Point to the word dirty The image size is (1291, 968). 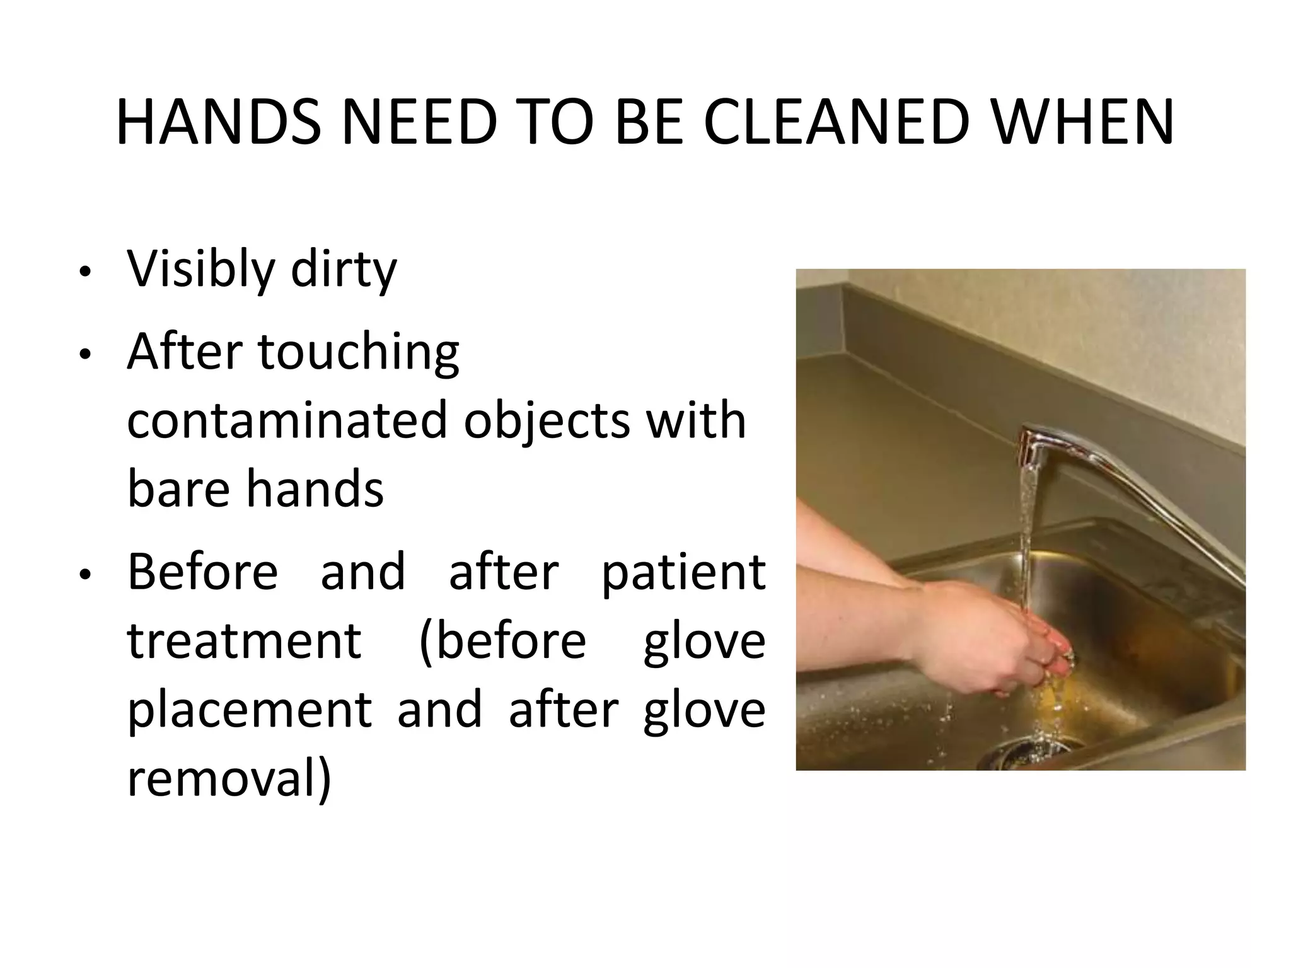click(x=344, y=270)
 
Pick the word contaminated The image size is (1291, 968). click(x=287, y=420)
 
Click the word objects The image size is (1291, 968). click(x=547, y=420)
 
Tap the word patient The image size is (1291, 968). click(x=683, y=572)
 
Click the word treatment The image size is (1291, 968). click(x=245, y=641)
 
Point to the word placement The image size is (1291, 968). click(x=250, y=710)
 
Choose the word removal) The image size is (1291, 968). click(x=229, y=778)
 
